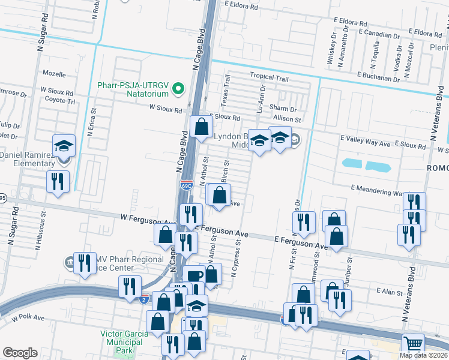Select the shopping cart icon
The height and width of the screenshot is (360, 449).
[413, 344]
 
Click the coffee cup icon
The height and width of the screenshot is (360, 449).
[194, 276]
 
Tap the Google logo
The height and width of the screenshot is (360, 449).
[20, 353]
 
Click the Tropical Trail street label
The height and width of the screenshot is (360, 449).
[270, 77]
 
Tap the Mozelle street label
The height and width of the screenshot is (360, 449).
[54, 73]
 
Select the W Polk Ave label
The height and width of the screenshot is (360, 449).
[25, 317]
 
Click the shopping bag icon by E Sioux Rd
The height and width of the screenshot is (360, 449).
[202, 127]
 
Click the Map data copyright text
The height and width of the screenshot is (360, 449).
[423, 355]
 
